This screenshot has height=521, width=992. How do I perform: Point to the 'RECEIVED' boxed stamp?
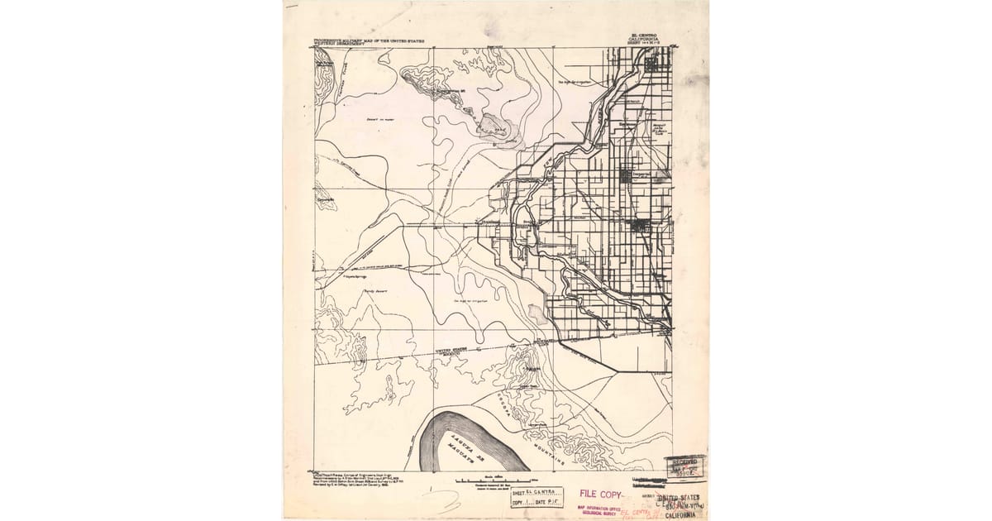[x=685, y=468]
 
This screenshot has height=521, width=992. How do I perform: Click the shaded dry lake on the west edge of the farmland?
[x=537, y=313]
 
